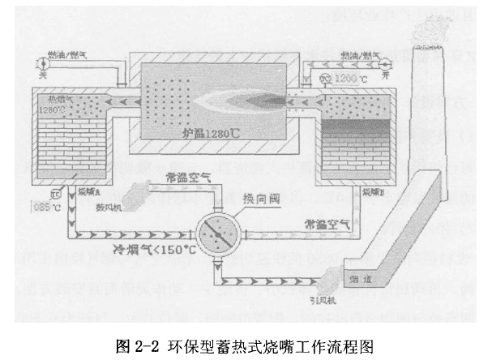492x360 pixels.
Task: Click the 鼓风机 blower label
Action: click(112, 207)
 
